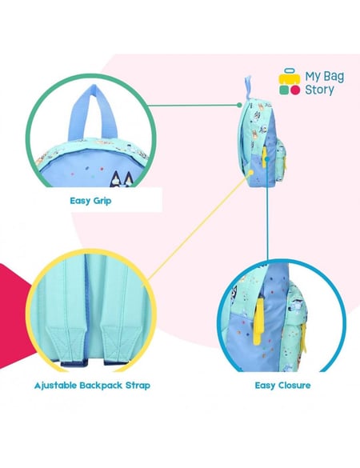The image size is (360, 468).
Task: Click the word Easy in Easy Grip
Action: coord(80,201)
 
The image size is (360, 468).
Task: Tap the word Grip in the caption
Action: coord(102,201)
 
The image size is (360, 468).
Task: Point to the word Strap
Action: coord(138,386)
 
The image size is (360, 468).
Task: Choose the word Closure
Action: coord(294,386)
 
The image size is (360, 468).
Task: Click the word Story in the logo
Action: coord(319,90)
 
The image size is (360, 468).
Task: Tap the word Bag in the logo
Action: coord(334,77)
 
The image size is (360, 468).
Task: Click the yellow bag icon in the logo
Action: coord(290,77)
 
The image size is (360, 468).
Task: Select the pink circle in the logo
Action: coord(295,90)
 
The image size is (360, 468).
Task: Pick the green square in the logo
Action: coord(284,90)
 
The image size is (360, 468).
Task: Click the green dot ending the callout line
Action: coord(239,105)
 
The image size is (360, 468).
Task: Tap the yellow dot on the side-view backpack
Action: coord(251,172)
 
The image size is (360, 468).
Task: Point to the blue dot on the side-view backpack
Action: coord(267,158)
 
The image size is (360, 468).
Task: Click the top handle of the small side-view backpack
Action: coord(248,86)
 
